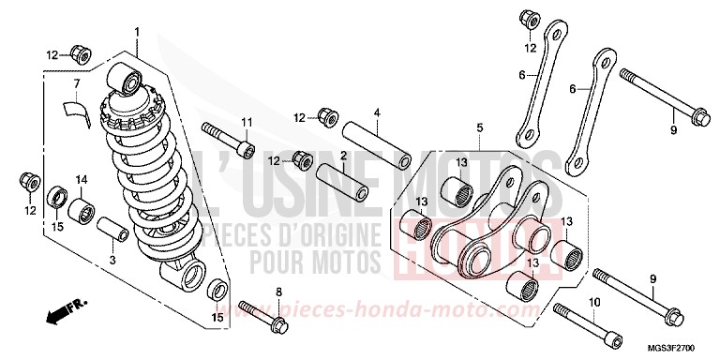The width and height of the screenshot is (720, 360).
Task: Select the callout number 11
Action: tap(247, 123)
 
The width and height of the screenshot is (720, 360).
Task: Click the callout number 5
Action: tap(478, 127)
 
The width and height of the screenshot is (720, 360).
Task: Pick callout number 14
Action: tap(81, 179)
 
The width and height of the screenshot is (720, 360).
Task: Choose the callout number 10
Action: tap(592, 301)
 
